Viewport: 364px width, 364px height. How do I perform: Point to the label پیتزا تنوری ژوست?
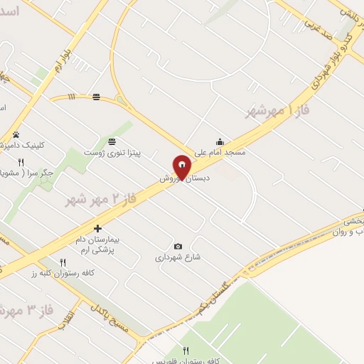pyautogui.click(x=112, y=153)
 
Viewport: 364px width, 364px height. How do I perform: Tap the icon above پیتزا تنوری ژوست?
pyautogui.click(x=112, y=141)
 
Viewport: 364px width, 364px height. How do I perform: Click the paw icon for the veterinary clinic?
pyautogui.click(x=16, y=134)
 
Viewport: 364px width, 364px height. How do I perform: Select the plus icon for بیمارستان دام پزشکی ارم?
pyautogui.click(x=98, y=228)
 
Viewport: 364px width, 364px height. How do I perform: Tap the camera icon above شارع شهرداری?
pyautogui.click(x=178, y=246)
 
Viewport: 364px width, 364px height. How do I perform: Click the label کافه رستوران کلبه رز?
pyautogui.click(x=63, y=273)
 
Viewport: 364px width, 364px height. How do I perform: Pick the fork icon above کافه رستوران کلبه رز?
pyautogui.click(x=63, y=262)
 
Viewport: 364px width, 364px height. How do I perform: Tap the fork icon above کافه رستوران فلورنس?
pyautogui.click(x=186, y=350)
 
